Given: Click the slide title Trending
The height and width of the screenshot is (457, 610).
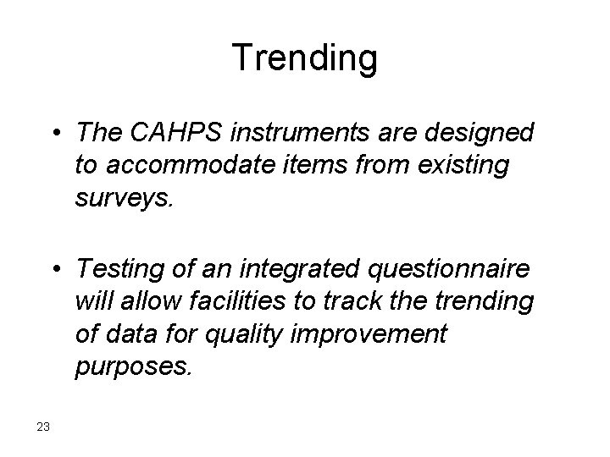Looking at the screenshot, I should point(305,58).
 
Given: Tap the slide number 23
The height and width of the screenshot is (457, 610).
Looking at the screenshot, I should point(44,426).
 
